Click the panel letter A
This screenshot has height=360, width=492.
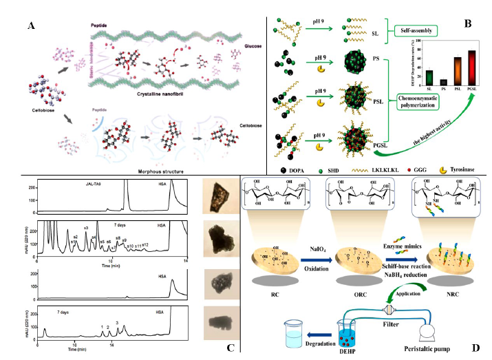click(x=30, y=25)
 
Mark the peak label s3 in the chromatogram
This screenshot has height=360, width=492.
click(x=86, y=228)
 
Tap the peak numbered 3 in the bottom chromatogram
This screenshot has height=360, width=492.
click(x=117, y=323)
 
